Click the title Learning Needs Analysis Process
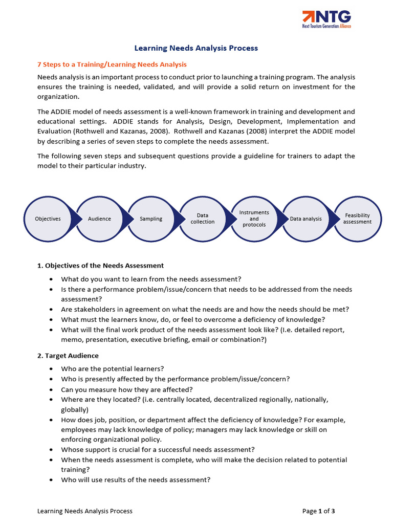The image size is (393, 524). coord(196,48)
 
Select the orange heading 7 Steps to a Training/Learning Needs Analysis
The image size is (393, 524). coord(112,64)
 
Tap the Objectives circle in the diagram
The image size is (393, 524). coord(48,219)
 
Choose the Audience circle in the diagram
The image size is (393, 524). coord(99,219)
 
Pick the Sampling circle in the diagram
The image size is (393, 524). coord(151,219)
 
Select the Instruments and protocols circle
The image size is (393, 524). coord(254,219)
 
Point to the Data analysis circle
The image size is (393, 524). coord(306,219)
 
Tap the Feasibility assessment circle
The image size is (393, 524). coord(357,219)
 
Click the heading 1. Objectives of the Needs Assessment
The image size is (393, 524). coord(101,266)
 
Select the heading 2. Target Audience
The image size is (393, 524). coord(68,356)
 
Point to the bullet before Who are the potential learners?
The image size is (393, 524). coord(51,369)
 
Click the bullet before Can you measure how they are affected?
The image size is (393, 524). coord(51,389)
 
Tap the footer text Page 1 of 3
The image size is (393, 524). coord(318,511)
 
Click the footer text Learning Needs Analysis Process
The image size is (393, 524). coord(85,511)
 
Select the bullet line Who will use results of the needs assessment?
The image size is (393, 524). coord(136,480)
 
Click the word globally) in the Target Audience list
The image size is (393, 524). coord(75,409)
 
